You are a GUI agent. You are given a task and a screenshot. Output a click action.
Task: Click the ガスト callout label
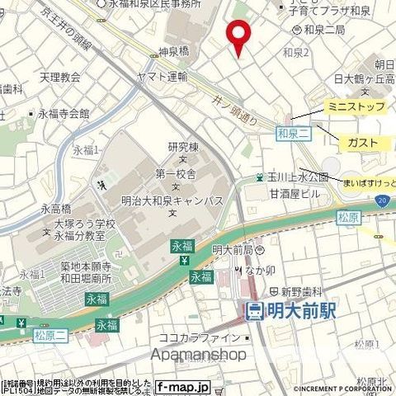coord(363,143)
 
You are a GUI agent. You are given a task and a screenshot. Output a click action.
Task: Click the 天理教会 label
coord(60,78)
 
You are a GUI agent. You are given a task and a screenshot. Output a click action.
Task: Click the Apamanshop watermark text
coord(198,354)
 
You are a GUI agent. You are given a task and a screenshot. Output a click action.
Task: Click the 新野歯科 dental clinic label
coord(305,291)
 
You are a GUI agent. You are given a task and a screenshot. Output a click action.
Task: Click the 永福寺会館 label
coord(63,114)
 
